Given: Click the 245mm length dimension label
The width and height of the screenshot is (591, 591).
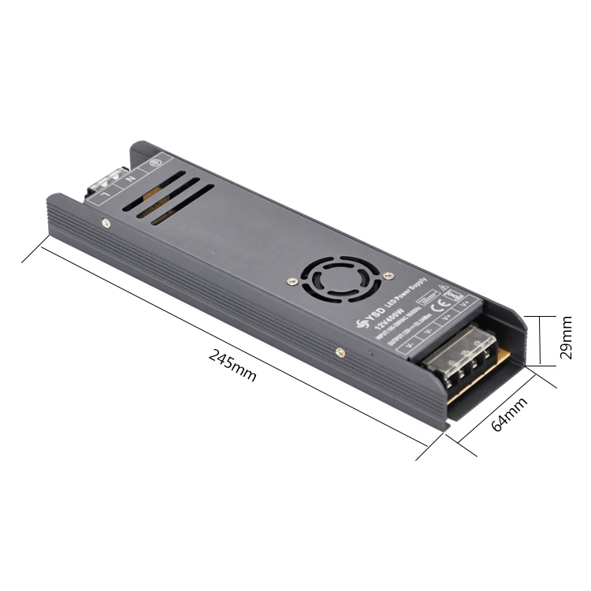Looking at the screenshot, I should click(233, 366).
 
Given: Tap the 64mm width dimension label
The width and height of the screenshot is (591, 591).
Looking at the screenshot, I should click(508, 414).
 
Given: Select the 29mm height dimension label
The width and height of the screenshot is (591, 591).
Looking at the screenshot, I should click(567, 338).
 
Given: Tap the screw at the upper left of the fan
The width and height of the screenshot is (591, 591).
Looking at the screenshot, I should click(292, 280).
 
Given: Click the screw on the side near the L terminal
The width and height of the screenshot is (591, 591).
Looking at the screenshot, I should click(106, 222).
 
